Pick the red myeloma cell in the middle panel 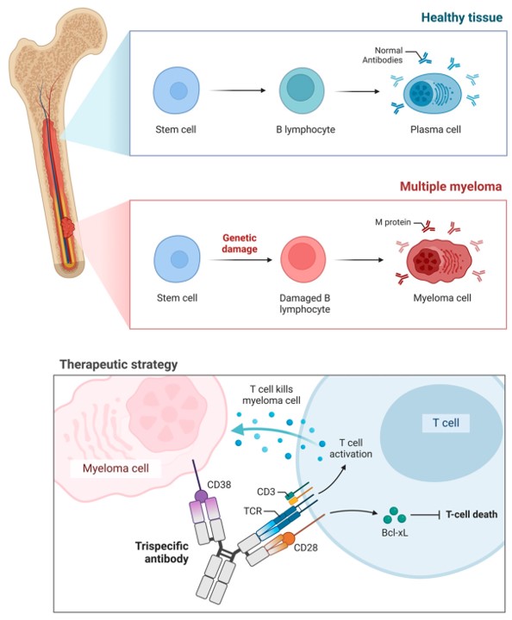coord(430,263)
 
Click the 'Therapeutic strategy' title coord(118,364)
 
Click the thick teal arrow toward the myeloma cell coord(270,431)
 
